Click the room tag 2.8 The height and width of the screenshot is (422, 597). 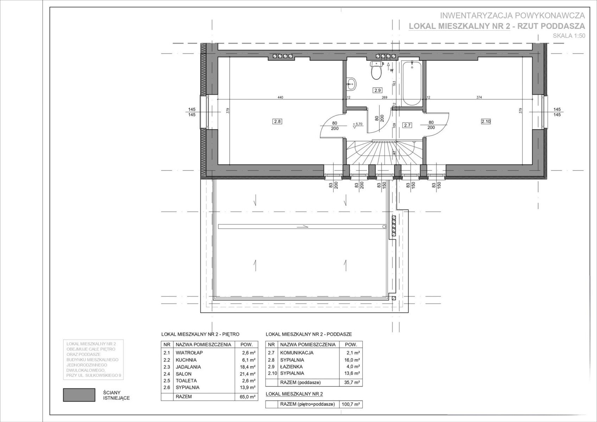tap(277, 121)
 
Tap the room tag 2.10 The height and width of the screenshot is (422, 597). tap(486, 121)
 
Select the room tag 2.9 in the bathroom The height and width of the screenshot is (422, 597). tap(377, 90)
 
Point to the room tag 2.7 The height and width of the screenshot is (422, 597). tap(407, 125)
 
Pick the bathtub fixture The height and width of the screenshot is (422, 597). tap(412, 83)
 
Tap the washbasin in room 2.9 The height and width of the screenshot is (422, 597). tap(351, 84)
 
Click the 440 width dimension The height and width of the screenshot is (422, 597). tap(280, 97)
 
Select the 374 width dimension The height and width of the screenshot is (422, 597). tap(479, 97)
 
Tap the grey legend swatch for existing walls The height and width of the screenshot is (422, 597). tap(79, 395)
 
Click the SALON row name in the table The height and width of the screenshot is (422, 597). tap(184, 374)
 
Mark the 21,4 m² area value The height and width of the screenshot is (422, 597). tap(248, 374)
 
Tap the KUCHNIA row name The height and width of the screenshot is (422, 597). tap(186, 360)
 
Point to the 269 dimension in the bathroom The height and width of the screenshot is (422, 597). tap(384, 97)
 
